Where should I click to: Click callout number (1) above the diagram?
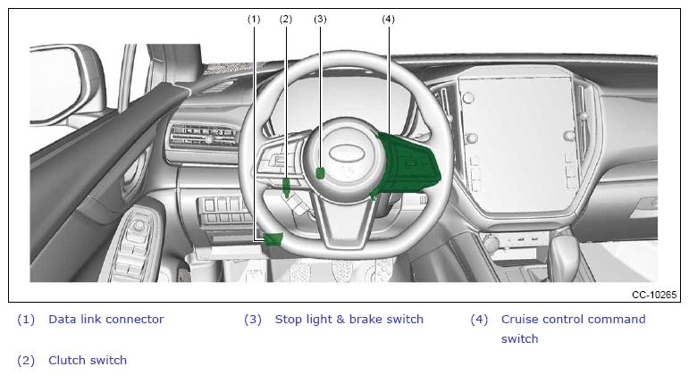coord(254,20)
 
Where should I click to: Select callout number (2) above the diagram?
coord(286,20)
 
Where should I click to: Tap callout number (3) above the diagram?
coord(320,20)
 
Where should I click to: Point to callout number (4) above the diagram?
coord(388,20)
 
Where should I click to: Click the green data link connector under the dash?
coord(273,239)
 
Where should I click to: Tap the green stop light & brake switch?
coord(321,173)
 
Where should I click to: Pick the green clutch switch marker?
coord(286,187)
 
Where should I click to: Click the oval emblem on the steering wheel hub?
coord(347,153)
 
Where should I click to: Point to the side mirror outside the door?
coord(66,83)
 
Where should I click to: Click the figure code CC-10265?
coord(654,295)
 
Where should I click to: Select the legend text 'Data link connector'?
coord(106,320)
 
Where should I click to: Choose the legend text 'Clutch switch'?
coord(88,360)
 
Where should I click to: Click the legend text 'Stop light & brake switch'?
coord(349,320)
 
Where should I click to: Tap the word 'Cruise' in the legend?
coord(520,320)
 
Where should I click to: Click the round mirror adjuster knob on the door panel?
coord(139,226)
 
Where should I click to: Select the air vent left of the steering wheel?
coord(203,135)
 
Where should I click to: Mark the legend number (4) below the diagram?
coord(479,320)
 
